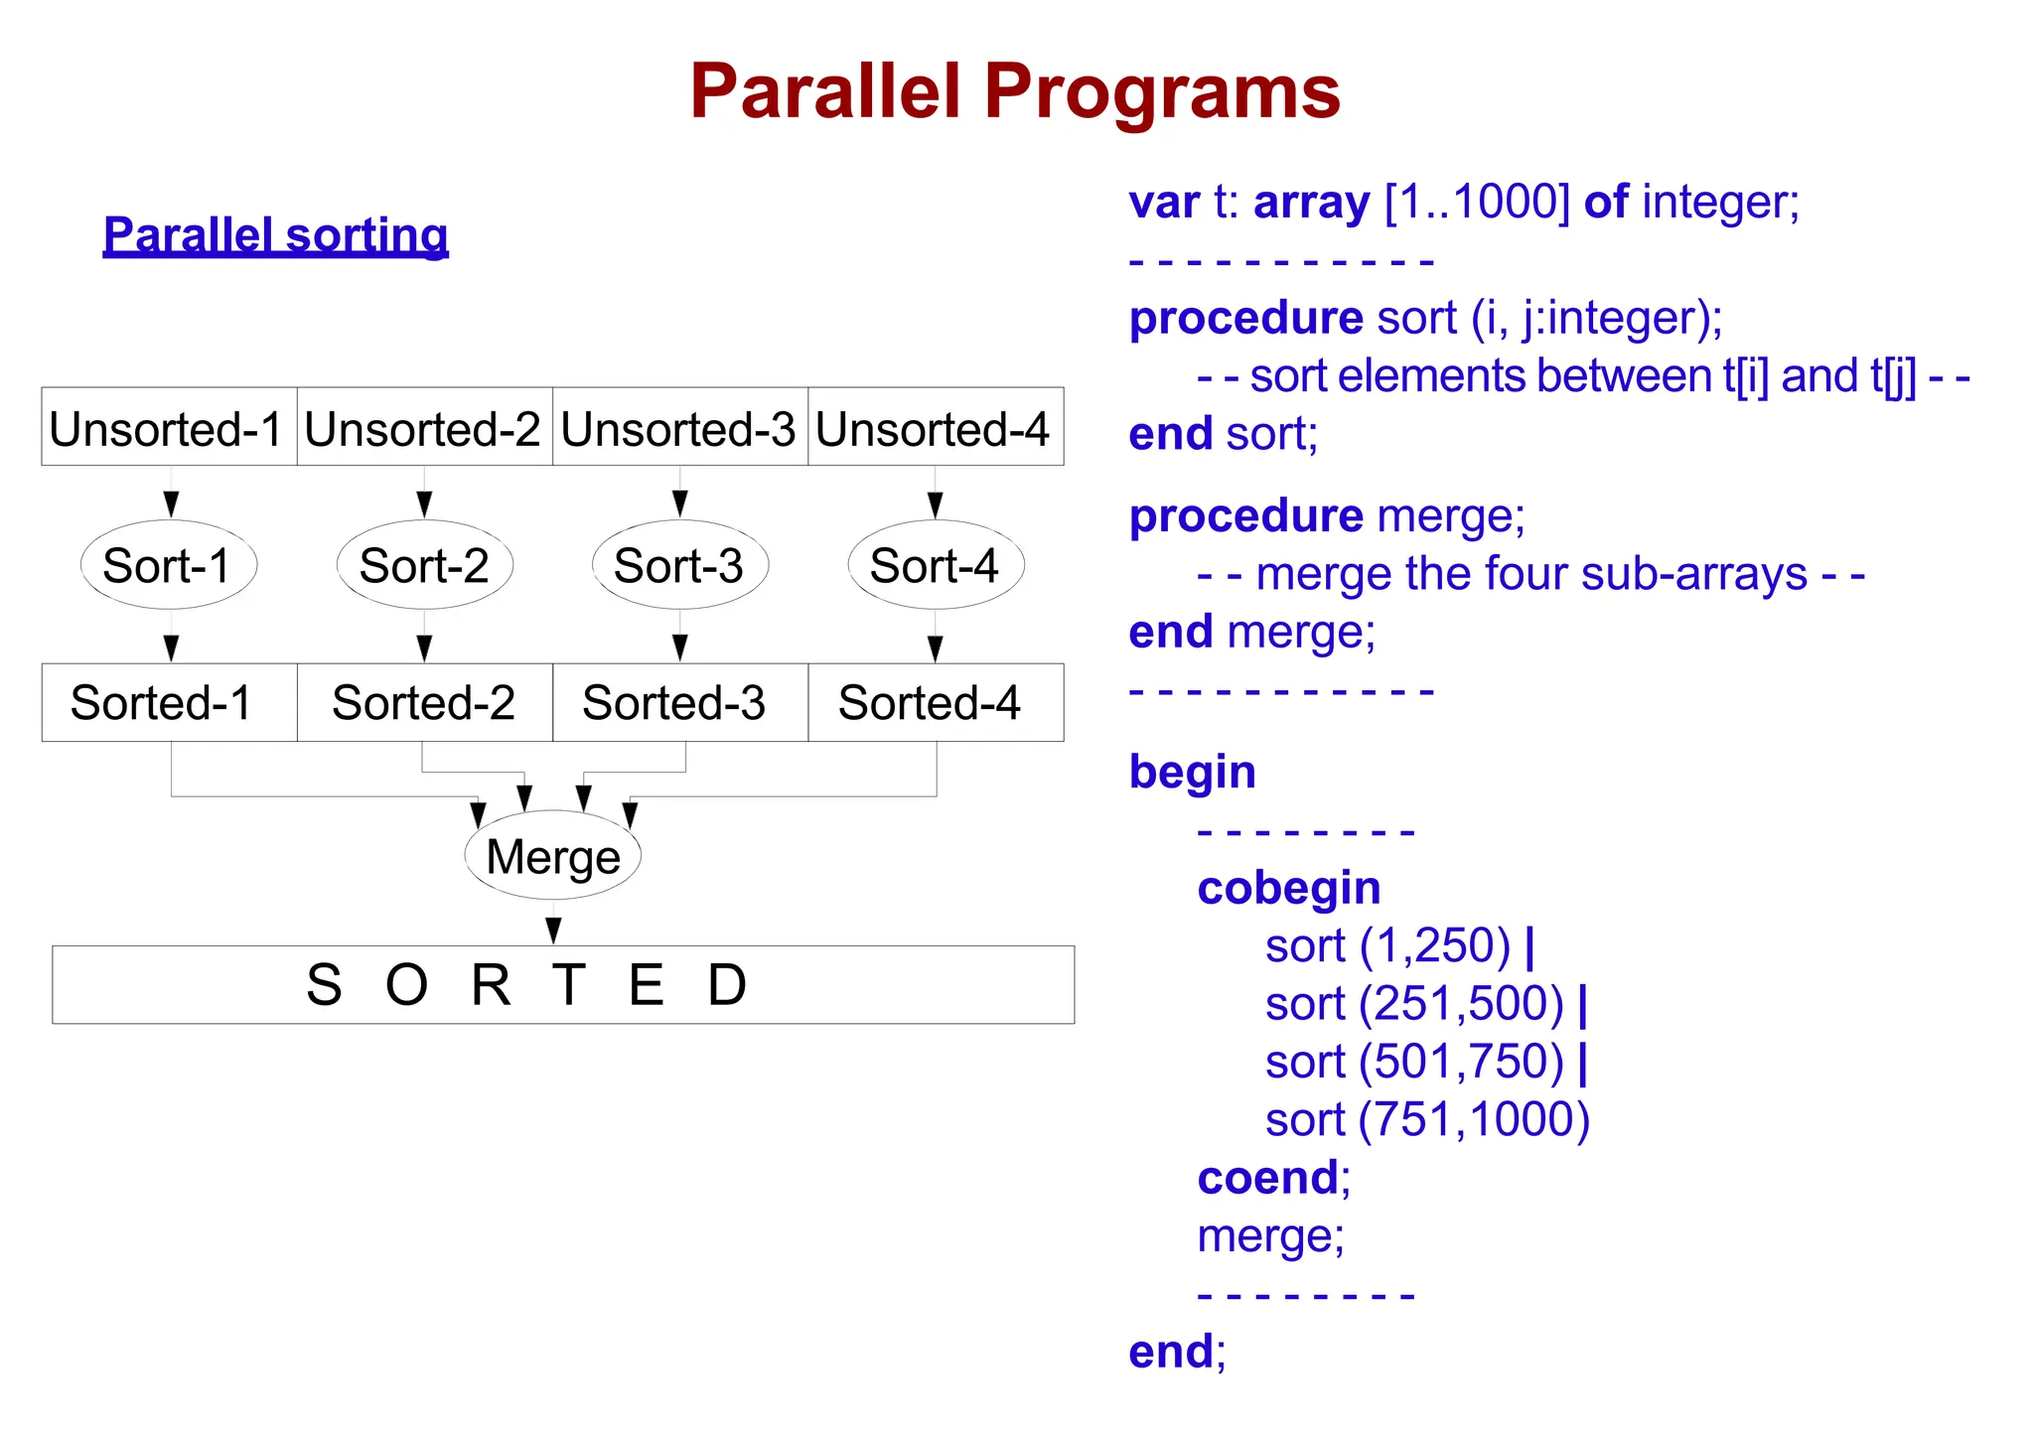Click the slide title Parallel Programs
1015,91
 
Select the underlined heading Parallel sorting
275,235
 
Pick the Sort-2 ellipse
424,565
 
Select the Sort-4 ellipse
935,565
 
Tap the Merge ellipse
553,856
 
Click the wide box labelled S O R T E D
562,984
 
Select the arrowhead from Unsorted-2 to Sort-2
424,504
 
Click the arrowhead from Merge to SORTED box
553,931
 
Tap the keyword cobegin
1288,888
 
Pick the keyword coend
1268,1178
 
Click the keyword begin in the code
1192,772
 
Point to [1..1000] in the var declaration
1477,203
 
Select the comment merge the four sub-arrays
1530,574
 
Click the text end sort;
1223,434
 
